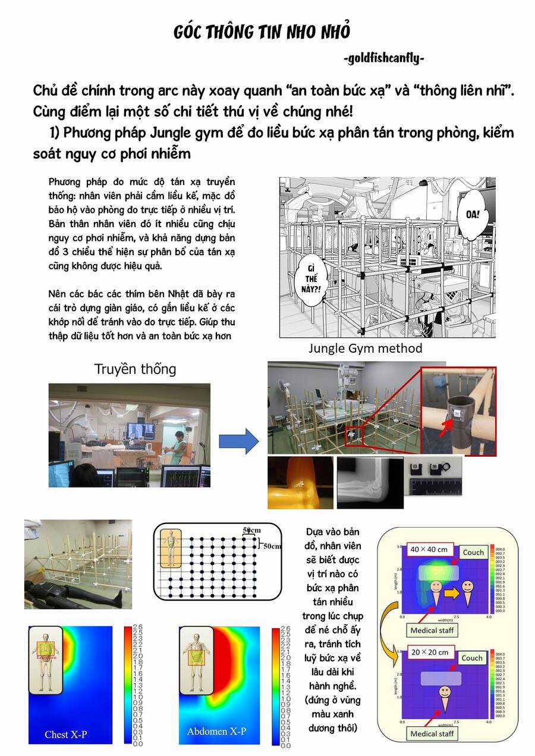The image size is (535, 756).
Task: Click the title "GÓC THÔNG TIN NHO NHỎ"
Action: coord(262,32)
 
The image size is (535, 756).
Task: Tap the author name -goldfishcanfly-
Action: coord(383,58)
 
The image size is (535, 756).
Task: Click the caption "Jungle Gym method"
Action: coord(365,349)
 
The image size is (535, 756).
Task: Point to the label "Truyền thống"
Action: coord(135,369)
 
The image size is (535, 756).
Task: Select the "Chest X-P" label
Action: coord(65,734)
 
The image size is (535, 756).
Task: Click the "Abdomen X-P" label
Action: coord(216,731)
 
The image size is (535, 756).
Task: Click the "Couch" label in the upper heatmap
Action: coord(473,552)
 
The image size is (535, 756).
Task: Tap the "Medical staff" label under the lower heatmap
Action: coord(432,733)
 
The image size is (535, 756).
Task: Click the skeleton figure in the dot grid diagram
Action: coord(171,548)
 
